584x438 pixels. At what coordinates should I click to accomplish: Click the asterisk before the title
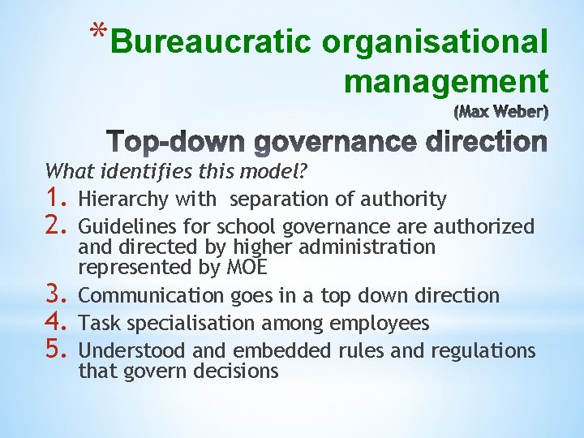98,32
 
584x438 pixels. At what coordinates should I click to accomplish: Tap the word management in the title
445,81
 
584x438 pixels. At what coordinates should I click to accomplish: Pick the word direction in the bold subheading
483,142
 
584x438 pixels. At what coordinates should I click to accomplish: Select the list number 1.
56,199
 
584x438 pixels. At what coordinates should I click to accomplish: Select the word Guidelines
122,226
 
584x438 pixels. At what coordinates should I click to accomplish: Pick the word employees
380,324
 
